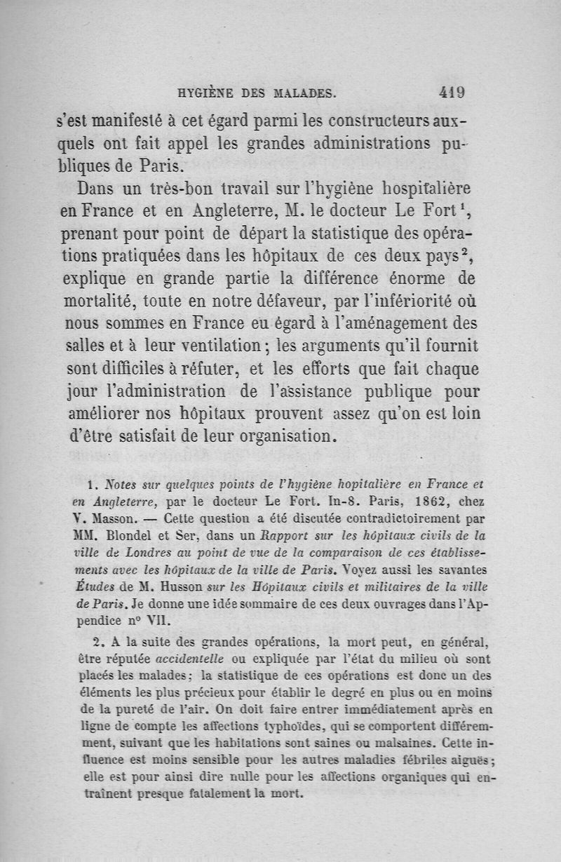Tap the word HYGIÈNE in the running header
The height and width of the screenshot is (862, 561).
[205, 92]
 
